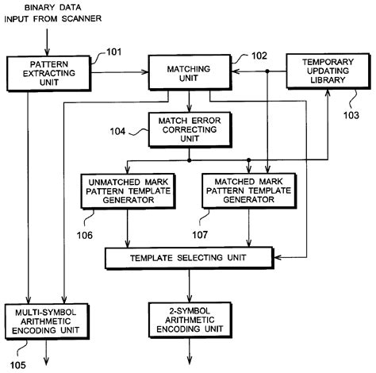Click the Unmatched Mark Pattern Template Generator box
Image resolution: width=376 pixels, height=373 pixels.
pos(129,191)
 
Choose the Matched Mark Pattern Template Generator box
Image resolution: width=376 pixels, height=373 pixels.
pos(249,191)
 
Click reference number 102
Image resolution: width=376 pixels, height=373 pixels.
pos(259,56)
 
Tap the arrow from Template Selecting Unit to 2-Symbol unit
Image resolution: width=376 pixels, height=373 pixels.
pos(189,285)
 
